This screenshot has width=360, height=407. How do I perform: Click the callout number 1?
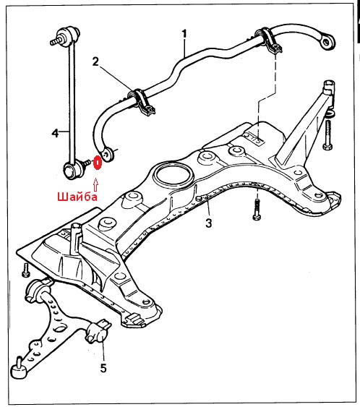click(184, 34)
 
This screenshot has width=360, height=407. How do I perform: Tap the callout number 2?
click(95, 61)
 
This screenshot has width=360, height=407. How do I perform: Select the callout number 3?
click(209, 223)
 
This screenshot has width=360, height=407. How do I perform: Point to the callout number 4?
click(55, 133)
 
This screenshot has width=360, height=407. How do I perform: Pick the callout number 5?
click(103, 368)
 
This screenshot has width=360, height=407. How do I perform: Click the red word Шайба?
click(77, 197)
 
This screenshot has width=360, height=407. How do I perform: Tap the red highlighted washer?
click(98, 163)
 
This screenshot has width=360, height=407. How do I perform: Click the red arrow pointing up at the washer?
click(95, 184)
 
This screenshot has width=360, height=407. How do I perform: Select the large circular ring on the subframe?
click(173, 174)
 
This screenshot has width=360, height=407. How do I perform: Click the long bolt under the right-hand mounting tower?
click(327, 135)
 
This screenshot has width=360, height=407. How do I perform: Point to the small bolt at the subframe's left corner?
click(26, 270)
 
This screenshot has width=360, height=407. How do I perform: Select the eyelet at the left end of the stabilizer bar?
click(107, 154)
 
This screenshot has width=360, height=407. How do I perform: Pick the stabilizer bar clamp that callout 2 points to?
click(142, 102)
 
